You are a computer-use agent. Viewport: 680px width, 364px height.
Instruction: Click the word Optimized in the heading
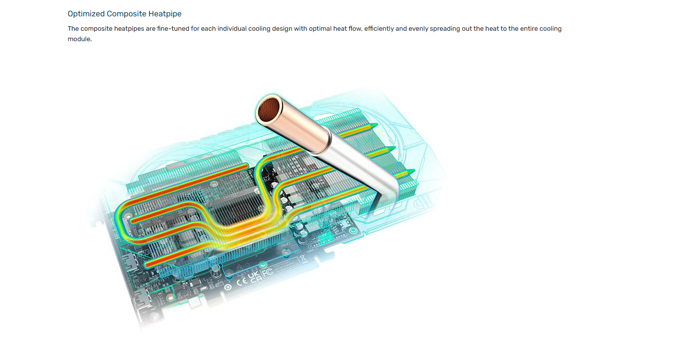point(86,14)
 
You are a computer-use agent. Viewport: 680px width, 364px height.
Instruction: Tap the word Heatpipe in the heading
point(165,14)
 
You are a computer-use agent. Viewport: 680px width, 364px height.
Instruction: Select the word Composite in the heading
point(126,14)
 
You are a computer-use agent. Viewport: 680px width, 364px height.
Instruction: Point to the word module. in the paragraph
point(79,39)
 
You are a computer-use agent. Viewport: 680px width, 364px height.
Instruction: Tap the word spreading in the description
point(445,29)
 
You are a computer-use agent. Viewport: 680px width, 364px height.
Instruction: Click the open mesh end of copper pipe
point(268,109)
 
